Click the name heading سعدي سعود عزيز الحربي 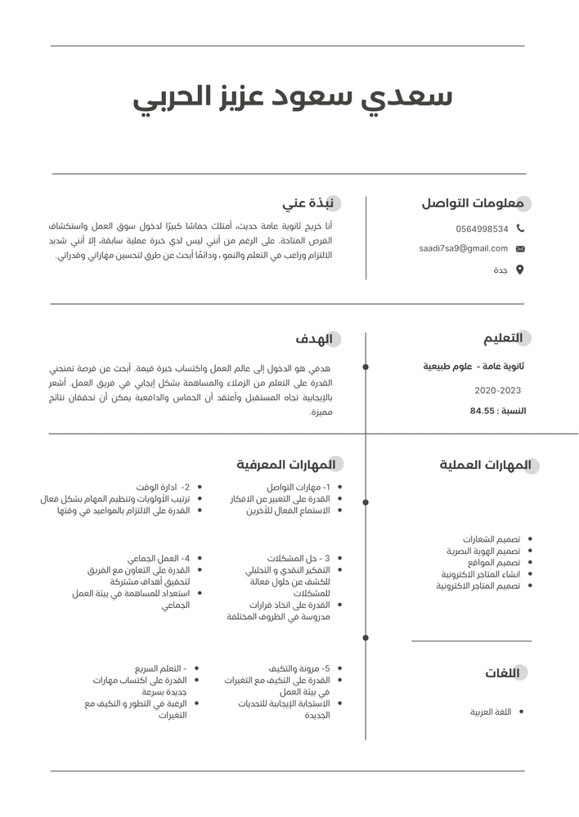coord(292,98)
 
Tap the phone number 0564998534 coord(482,230)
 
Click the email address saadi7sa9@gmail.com coord(463,248)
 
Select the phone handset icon coord(520,229)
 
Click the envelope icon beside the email coord(520,248)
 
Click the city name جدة coord(500,270)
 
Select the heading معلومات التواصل coord(472,203)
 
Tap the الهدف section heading coord(314,339)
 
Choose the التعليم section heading coord(502,338)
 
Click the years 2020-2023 coord(497,391)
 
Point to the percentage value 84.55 coord(482,411)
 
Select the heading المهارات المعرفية coord(286,465)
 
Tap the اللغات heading coord(502,673)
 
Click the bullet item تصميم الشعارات coord(491,539)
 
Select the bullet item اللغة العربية coord(490,712)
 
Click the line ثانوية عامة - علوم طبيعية coord(474,367)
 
